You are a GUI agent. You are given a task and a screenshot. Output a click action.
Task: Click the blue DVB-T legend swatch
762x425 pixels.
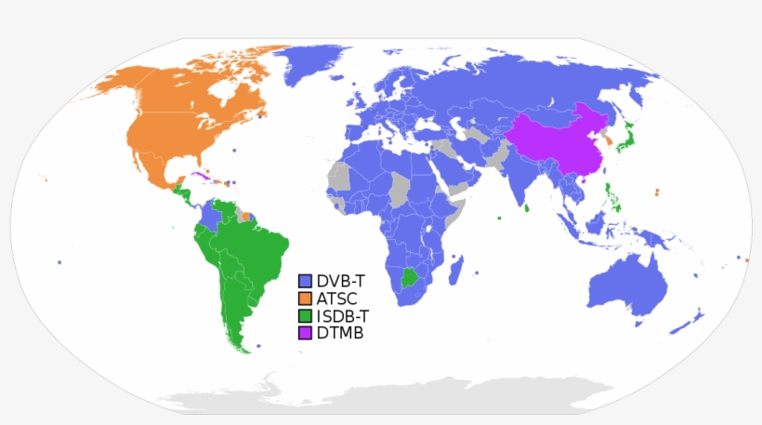[305, 281]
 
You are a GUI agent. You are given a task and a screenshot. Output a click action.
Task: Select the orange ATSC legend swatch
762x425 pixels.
[305, 299]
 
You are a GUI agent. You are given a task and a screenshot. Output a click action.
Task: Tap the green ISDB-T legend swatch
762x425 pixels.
[305, 315]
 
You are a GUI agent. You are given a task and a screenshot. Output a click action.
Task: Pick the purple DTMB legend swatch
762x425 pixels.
[305, 333]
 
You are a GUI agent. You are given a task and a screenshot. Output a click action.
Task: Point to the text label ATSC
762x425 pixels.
[336, 299]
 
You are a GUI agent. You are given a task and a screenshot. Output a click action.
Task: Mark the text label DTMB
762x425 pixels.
[339, 333]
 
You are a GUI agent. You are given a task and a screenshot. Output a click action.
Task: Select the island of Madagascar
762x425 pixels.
[455, 272]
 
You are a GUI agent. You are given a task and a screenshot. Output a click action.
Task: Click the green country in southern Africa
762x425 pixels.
[410, 277]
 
